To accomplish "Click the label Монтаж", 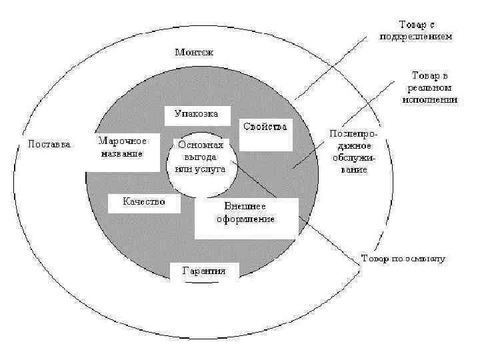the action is point(194,52).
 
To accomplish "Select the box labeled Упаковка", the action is point(196,113).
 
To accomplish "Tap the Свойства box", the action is point(265,126).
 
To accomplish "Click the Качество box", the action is point(144,201).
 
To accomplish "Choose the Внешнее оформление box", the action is point(245,213).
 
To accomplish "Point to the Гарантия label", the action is point(203,271).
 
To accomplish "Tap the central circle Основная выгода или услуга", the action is point(200,157).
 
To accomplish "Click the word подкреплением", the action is point(425,37).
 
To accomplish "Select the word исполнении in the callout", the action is point(430,99).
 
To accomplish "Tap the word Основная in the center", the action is point(200,145).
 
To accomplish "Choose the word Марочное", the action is point(122,141).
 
